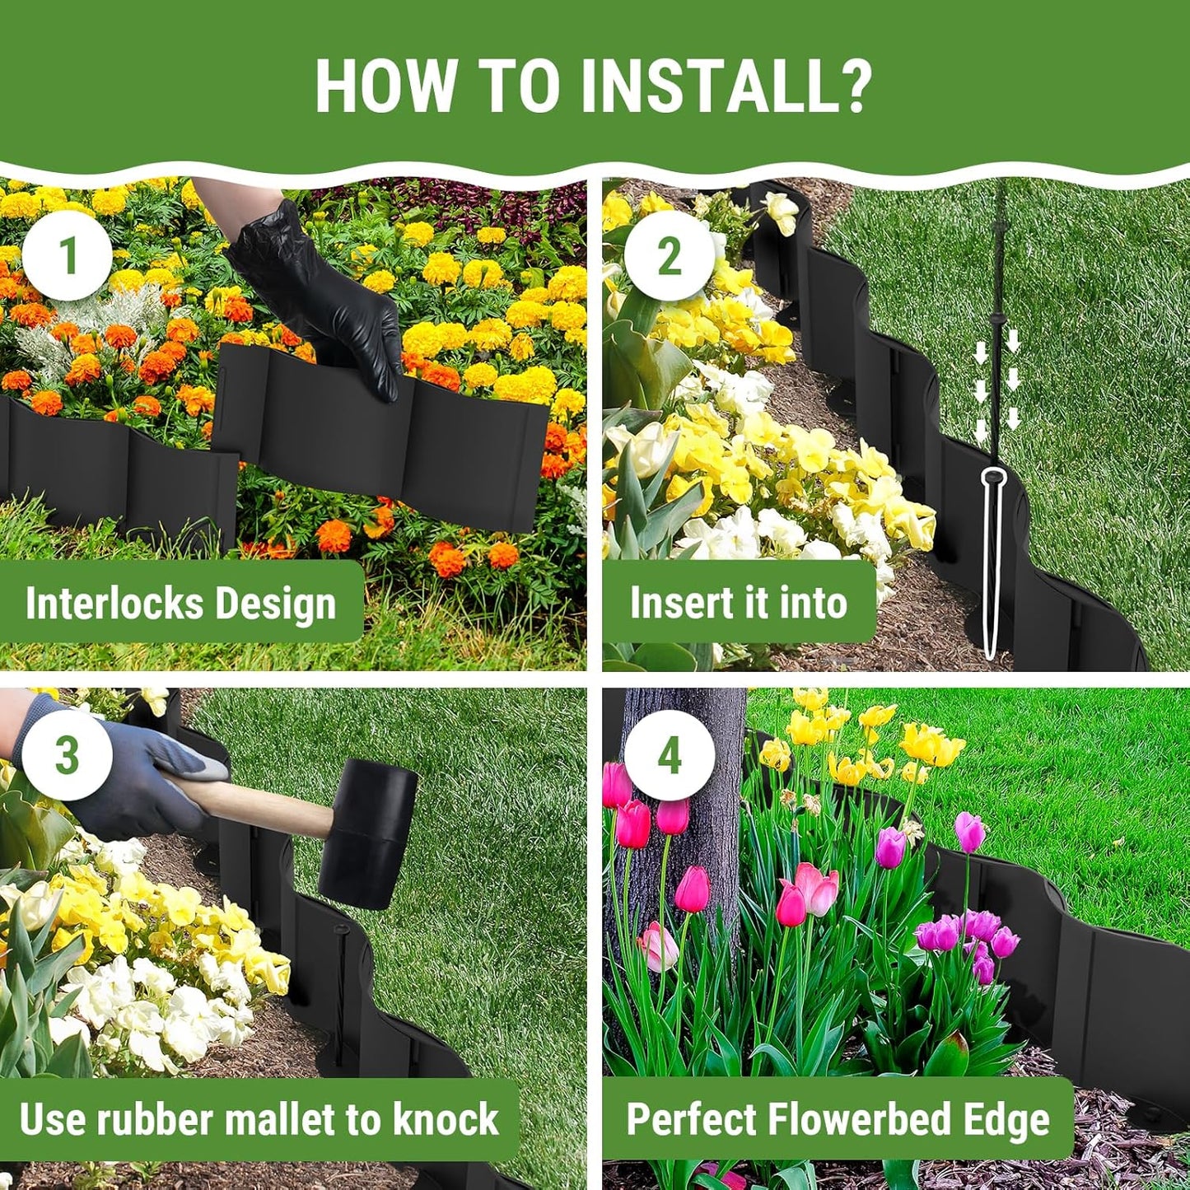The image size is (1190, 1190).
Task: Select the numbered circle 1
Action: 68,255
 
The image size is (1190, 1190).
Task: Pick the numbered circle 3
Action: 68,755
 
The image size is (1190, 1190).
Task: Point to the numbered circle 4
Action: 669,755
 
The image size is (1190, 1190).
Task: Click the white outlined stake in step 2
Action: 995,560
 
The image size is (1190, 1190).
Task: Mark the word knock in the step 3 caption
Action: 445,1120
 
